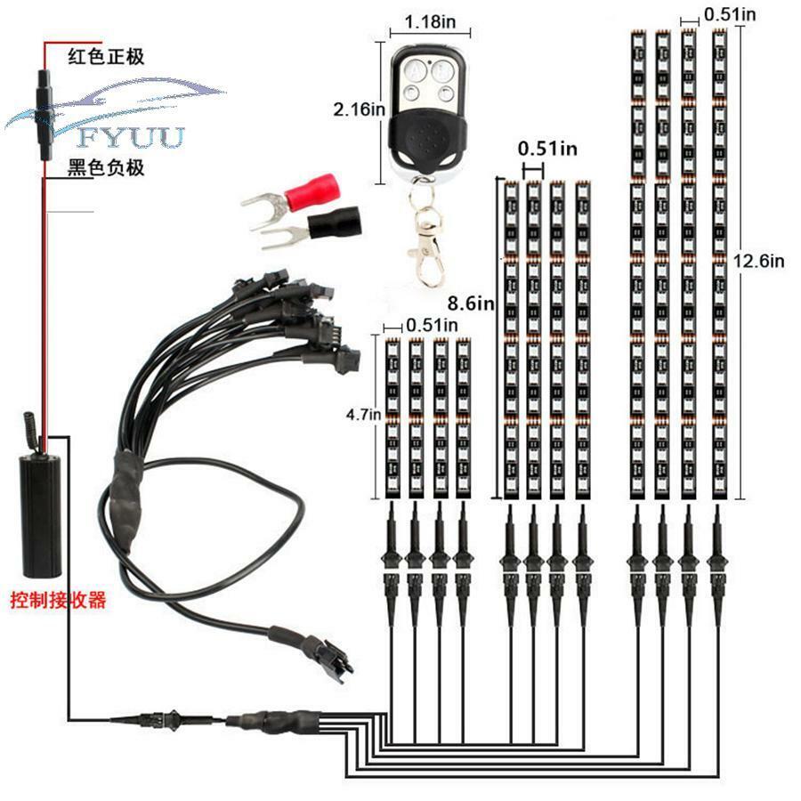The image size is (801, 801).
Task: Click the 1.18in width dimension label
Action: pyautogui.click(x=430, y=22)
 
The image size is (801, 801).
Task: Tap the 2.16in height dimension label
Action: pyautogui.click(x=360, y=109)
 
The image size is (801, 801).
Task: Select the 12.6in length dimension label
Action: pyautogui.click(x=758, y=261)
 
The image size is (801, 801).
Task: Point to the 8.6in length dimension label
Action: pyautogui.click(x=471, y=303)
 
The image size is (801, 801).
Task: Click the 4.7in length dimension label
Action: pyautogui.click(x=363, y=414)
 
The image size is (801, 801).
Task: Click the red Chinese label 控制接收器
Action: pyautogui.click(x=58, y=600)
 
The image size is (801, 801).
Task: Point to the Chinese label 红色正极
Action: pyautogui.click(x=106, y=56)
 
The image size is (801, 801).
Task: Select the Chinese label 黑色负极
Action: pyautogui.click(x=106, y=167)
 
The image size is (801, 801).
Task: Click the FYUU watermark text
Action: pyautogui.click(x=131, y=138)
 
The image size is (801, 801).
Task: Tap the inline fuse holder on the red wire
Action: pyautogui.click(x=44, y=116)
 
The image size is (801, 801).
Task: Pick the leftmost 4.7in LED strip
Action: pyautogui.click(x=392, y=418)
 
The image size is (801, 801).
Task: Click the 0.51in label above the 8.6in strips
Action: pyautogui.click(x=547, y=149)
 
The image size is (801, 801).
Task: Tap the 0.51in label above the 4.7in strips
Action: pyautogui.click(x=433, y=325)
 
